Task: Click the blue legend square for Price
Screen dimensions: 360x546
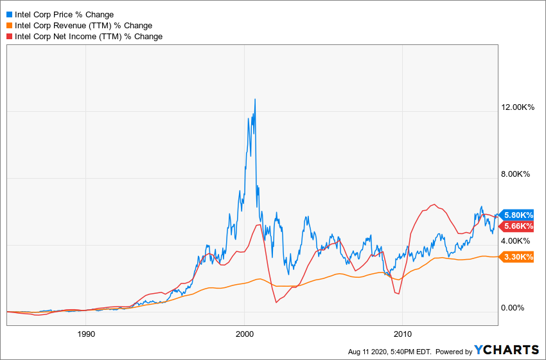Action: pyautogui.click(x=9, y=14)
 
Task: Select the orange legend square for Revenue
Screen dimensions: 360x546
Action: pyautogui.click(x=9, y=25)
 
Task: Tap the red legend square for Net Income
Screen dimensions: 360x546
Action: pyautogui.click(x=9, y=37)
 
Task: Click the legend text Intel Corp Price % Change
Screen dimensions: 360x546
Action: pyautogui.click(x=64, y=14)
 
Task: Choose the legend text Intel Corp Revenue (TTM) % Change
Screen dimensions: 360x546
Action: pyautogui.click(x=84, y=25)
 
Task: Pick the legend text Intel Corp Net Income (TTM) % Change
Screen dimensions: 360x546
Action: pyautogui.click(x=89, y=37)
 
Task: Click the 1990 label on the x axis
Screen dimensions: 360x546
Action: pyautogui.click(x=86, y=334)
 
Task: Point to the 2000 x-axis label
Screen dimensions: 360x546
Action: pyautogui.click(x=244, y=334)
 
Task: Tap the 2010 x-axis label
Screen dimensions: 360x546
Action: pyautogui.click(x=402, y=334)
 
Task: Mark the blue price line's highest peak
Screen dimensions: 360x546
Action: pyautogui.click(x=255, y=99)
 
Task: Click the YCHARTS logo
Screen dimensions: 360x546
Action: pyautogui.click(x=507, y=350)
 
